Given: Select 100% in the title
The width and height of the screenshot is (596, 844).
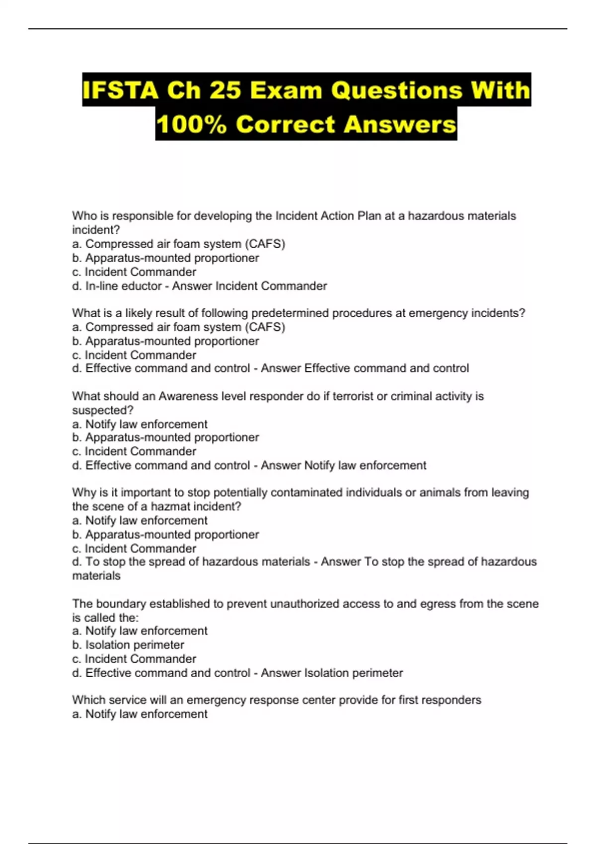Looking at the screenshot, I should (192, 124).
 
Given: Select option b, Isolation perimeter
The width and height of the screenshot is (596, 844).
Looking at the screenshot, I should (135, 645).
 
